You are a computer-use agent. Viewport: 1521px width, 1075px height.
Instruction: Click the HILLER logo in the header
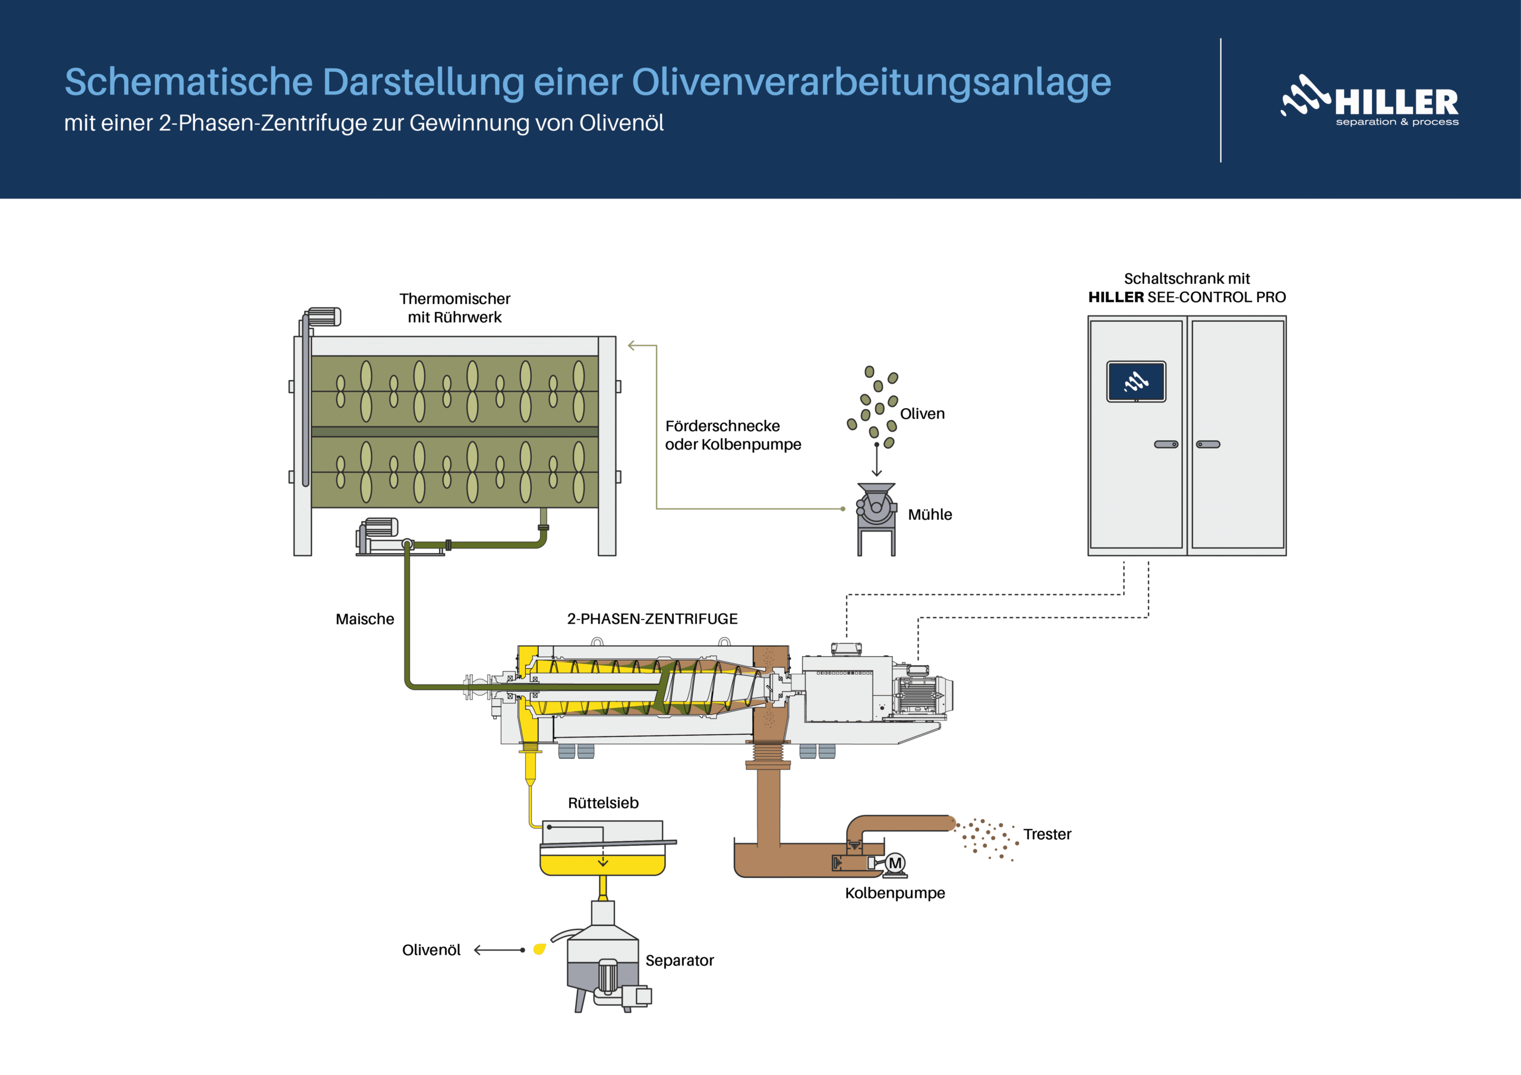click(1369, 101)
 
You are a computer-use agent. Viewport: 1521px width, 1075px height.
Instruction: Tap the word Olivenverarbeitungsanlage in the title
click(870, 82)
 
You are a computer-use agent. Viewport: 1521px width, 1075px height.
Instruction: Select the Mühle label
click(929, 515)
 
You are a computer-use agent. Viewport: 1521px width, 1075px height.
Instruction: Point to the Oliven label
click(922, 414)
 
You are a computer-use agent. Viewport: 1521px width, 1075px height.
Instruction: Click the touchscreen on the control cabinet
click(1136, 381)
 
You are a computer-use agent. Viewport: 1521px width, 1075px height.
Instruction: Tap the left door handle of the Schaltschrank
click(1166, 444)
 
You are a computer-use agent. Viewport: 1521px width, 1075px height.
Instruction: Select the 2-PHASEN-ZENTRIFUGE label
click(652, 619)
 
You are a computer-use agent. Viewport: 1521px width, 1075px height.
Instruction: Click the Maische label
click(364, 619)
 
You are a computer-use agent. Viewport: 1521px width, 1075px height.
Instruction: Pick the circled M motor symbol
click(895, 863)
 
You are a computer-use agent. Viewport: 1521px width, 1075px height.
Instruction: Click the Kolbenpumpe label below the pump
click(894, 893)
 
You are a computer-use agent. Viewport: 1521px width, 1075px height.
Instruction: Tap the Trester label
click(1047, 834)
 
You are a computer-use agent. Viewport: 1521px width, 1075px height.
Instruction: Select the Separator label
click(679, 960)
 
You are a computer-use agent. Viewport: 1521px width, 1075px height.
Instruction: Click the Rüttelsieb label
click(603, 803)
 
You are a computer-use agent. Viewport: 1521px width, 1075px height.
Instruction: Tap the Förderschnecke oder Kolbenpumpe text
click(732, 435)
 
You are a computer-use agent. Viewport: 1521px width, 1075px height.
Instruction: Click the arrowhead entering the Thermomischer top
click(632, 345)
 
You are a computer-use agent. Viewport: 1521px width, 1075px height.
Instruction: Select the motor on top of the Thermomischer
click(323, 317)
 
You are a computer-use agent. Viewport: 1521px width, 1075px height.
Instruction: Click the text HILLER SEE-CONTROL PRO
click(1186, 298)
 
